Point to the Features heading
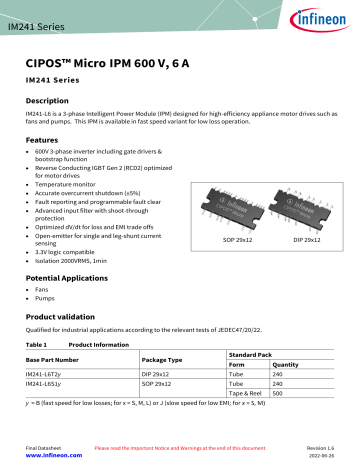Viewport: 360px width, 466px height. point(43,141)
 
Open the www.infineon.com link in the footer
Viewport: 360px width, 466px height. point(54,453)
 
